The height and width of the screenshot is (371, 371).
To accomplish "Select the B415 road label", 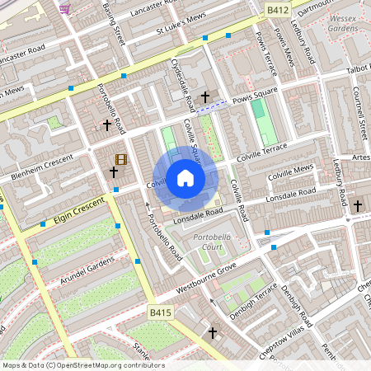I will pos(161,312).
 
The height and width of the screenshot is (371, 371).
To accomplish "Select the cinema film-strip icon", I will pos(122,159).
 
